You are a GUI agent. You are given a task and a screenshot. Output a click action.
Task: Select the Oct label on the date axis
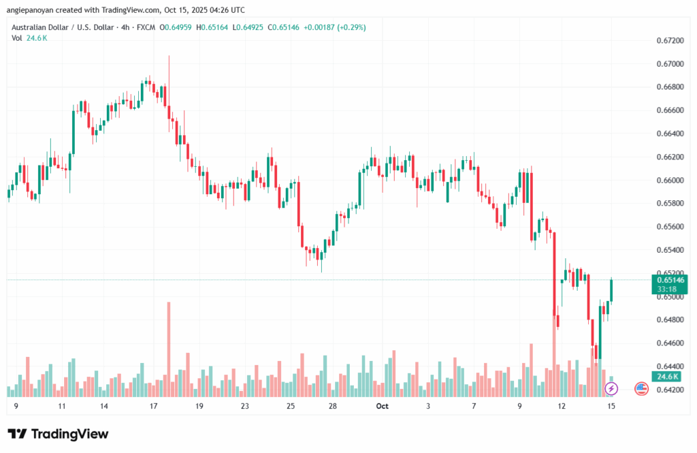tap(383, 406)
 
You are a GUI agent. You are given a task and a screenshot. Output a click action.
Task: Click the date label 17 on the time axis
tap(153, 406)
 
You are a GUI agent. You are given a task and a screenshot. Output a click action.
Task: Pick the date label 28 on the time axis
tap(333, 406)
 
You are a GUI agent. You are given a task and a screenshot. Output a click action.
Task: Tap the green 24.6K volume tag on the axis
tap(666, 377)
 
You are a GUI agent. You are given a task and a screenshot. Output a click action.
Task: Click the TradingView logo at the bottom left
tap(58, 434)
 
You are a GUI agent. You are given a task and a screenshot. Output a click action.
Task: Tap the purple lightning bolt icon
tap(611, 388)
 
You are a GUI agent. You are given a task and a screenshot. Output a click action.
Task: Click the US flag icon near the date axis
tap(641, 388)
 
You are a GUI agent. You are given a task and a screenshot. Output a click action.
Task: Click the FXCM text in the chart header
tap(145, 27)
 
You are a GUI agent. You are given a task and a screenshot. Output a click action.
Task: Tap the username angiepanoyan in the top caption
tap(33, 10)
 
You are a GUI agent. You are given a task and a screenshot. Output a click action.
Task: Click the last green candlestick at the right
tap(612, 291)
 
